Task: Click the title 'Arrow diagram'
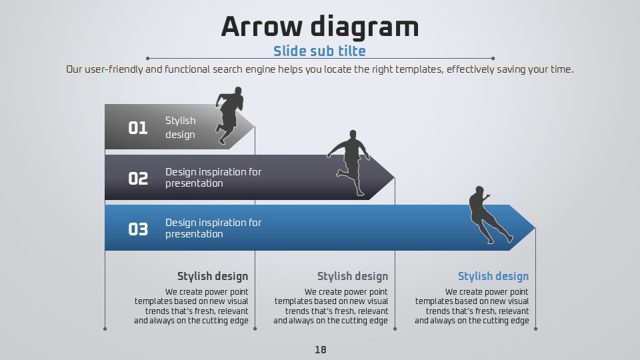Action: tap(320, 27)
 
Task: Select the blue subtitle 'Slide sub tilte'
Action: tap(319, 51)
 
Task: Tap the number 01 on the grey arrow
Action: tap(138, 128)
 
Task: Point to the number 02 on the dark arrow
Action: tap(138, 179)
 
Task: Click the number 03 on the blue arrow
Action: tap(138, 229)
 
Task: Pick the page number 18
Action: tap(321, 350)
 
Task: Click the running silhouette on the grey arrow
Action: tap(229, 115)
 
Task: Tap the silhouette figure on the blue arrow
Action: tap(489, 215)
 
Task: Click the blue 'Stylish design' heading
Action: tap(493, 276)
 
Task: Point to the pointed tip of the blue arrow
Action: tap(535, 228)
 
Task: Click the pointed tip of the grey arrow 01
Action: tap(255, 127)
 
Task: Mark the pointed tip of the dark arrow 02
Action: tap(395, 177)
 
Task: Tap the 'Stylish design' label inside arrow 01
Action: tap(181, 127)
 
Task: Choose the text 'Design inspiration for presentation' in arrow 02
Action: tap(213, 177)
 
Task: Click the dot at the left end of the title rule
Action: tap(147, 59)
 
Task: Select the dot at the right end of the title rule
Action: tap(493, 59)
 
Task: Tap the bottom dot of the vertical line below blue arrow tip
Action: tap(535, 329)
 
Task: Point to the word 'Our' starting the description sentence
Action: tap(74, 69)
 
